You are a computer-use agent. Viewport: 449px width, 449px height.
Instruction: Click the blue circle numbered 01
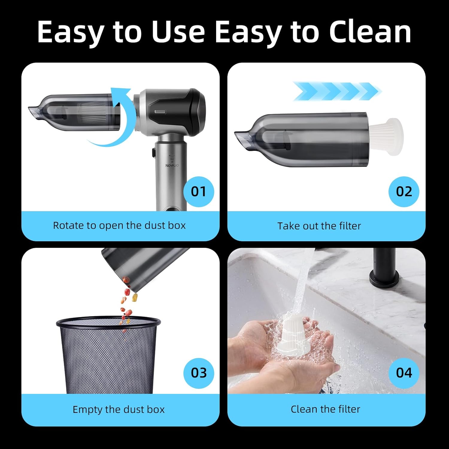coord(198,192)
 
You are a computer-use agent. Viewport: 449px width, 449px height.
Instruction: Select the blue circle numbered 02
coord(404,192)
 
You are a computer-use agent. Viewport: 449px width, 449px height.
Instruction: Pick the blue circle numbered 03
coord(198,373)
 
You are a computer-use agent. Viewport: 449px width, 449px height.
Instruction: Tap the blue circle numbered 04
coord(404,373)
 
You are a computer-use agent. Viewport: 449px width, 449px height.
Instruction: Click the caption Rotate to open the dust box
coord(119,225)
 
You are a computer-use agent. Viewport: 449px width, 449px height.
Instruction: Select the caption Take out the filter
coord(319,226)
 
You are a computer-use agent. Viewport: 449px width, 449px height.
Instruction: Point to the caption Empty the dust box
coord(119,409)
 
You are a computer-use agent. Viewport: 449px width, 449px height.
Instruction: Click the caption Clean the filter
coord(325,409)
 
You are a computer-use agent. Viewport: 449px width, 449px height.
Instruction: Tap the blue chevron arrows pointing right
coord(337,91)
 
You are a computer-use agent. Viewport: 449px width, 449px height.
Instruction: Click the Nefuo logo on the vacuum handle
coord(172,165)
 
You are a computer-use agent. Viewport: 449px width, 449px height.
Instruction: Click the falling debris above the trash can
coord(127,302)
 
